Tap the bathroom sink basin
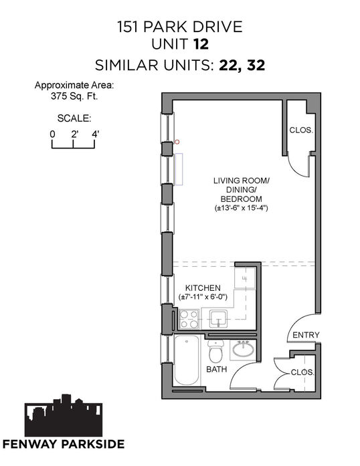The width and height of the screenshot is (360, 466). point(243,348)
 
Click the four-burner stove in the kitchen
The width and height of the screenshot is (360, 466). point(189,319)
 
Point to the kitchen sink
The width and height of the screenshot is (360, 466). point(218,319)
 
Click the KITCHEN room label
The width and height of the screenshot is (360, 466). point(203,288)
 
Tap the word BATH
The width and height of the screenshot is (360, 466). point(217,369)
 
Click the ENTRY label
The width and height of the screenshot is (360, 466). point(306,335)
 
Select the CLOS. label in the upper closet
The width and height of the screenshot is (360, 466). point(301,130)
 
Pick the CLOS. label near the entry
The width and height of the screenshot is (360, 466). point(302,372)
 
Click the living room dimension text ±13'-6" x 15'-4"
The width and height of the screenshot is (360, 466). point(242,208)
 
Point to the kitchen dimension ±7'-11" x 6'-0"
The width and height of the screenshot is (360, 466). point(203,297)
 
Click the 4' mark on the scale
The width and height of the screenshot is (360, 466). point(95,134)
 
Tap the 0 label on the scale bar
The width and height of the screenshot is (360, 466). point(52,134)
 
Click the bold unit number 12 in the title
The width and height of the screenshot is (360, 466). point(201,44)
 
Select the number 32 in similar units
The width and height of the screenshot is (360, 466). point(256,65)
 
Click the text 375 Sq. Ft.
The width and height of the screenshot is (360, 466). point(74,96)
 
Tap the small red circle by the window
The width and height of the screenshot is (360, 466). point(177,142)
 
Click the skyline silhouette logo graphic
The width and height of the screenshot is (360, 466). point(64,415)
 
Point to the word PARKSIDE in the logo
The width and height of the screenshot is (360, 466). point(93,444)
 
